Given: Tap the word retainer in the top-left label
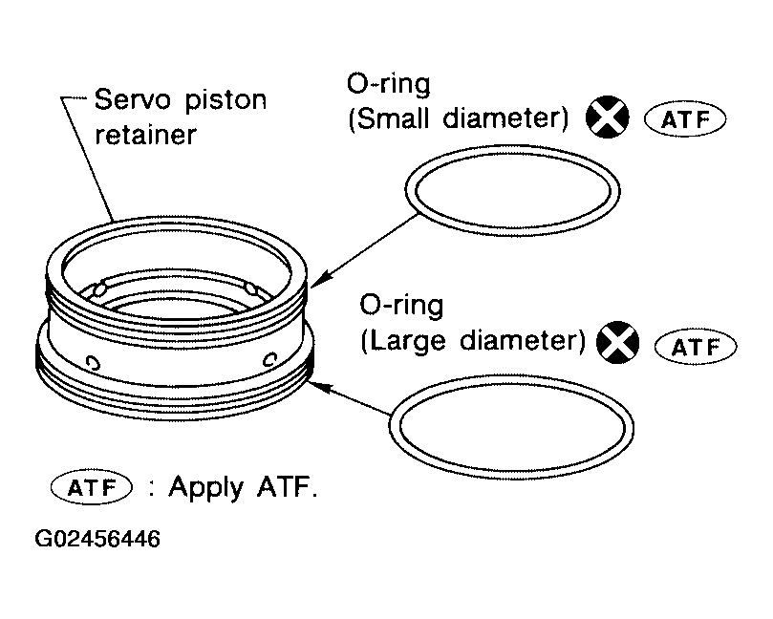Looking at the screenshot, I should [145, 134].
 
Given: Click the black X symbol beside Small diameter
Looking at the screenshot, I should [609, 119].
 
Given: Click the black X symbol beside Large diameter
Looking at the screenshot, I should [616, 342].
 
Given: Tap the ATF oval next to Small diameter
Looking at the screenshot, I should [685, 120].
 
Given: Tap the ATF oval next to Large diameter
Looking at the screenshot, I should [695, 346].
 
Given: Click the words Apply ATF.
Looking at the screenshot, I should [242, 486].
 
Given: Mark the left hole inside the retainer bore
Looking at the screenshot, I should [98, 288].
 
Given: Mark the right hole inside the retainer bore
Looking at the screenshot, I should [249, 288].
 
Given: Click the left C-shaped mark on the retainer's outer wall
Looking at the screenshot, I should [92, 361].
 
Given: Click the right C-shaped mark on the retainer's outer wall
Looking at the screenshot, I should [268, 358].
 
